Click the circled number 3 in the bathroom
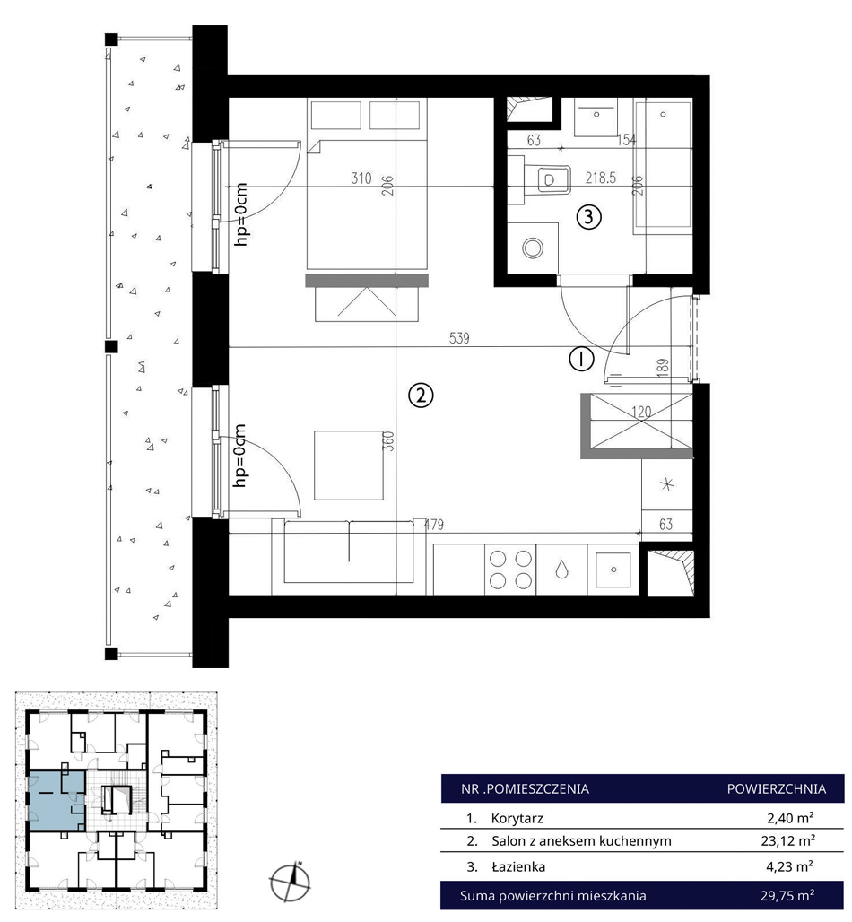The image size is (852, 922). pos(588,217)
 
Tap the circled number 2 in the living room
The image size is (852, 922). pos(421,396)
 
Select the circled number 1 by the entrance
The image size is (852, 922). pos(581,358)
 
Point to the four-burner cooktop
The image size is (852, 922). pos(510,570)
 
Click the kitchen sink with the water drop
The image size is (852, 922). pos(561,570)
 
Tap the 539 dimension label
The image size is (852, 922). pos(459,338)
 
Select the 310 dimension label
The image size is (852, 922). pos(361,178)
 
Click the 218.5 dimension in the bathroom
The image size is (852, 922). pos(600,178)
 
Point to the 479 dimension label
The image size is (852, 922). pos(434,525)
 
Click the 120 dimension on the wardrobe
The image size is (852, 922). pos(641,412)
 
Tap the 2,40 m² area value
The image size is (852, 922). pos(790,817)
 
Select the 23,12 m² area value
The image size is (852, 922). pos(788,841)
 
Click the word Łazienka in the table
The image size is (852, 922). pos(518,866)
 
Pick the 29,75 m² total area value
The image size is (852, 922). pos(787,895)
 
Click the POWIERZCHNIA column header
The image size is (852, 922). pos(776,788)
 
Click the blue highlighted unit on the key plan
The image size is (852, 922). pos(57,800)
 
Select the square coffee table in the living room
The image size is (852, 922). pos(349,465)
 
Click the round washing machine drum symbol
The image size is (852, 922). pos(533,248)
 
